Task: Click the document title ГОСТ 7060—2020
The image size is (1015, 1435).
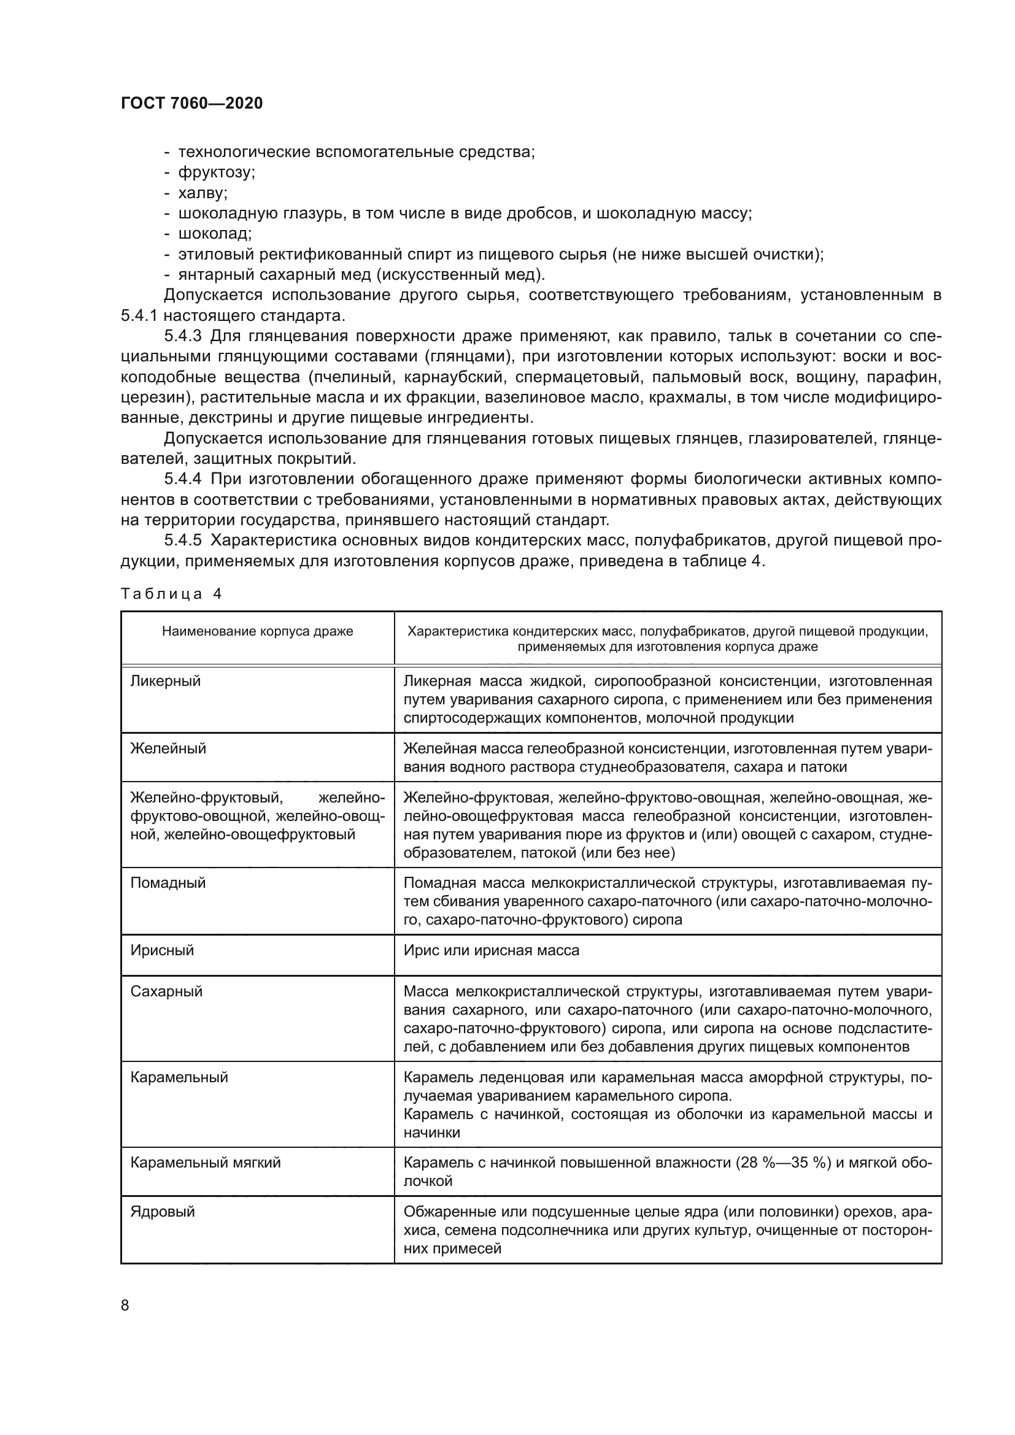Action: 191,103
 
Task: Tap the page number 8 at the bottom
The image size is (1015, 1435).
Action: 125,1305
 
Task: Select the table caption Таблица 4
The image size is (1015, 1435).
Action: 171,594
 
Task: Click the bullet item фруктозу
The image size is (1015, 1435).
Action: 216,172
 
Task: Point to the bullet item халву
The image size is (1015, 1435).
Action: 203,193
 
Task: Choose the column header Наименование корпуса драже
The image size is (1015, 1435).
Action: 258,631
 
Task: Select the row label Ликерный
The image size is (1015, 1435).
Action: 166,681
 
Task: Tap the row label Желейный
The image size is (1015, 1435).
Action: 168,748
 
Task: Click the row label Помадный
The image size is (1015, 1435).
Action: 168,882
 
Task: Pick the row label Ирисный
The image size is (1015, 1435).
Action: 162,950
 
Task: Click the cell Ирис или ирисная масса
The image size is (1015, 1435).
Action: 492,950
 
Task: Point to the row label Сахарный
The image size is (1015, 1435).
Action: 166,991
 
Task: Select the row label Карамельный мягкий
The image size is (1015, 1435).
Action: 205,1163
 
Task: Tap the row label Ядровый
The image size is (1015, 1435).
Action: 163,1211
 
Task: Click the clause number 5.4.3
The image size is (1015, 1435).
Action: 183,336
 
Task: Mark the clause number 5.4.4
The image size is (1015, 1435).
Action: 183,479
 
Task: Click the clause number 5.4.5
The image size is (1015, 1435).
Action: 183,541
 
